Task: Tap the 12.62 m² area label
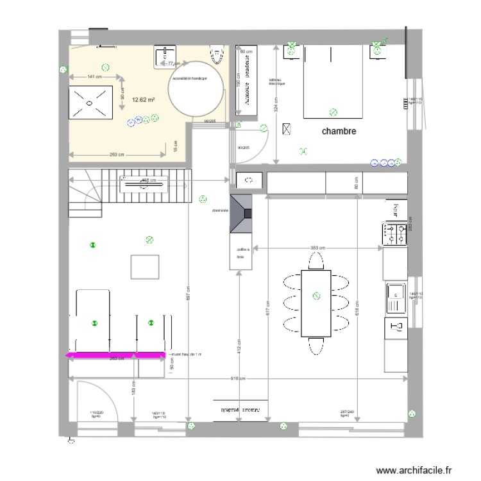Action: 144,99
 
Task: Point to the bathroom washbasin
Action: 168,56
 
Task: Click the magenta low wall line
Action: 116,354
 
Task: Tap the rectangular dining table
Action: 316,303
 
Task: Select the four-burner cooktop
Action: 394,233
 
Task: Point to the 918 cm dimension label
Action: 237,378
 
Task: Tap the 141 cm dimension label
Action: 94,77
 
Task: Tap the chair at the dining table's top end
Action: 316,261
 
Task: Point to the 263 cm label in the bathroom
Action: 117,155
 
